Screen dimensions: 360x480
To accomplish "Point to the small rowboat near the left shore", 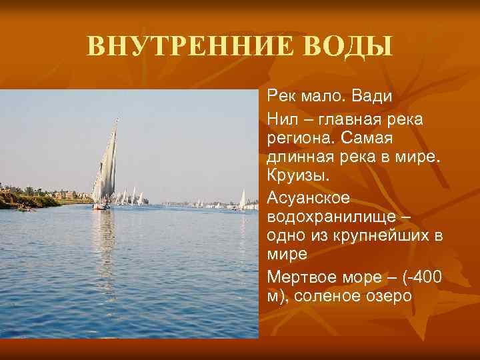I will click(x=25, y=209).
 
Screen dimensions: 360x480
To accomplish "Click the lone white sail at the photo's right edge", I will click(x=243, y=198).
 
